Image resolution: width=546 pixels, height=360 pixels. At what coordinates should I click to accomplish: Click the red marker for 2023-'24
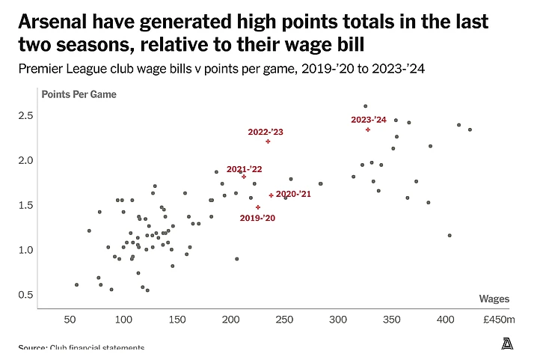[368, 129]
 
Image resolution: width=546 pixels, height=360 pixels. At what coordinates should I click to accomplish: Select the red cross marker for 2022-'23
[268, 141]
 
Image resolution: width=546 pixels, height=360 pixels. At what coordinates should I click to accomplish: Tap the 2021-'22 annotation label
[245, 169]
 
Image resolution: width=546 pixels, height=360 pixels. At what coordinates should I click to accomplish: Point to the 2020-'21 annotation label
[293, 194]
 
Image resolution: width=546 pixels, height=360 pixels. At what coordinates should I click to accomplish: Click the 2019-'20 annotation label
[257, 218]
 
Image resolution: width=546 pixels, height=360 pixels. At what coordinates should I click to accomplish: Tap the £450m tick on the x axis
[499, 320]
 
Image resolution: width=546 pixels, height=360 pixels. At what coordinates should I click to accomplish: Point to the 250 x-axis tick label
[285, 320]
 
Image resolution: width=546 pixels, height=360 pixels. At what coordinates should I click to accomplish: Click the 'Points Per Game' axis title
[79, 95]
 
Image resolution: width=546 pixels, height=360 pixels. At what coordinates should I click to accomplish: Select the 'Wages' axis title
[494, 299]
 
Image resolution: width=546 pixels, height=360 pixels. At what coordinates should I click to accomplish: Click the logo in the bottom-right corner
[507, 344]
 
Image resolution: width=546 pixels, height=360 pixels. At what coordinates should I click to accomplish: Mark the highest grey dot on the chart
[365, 106]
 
